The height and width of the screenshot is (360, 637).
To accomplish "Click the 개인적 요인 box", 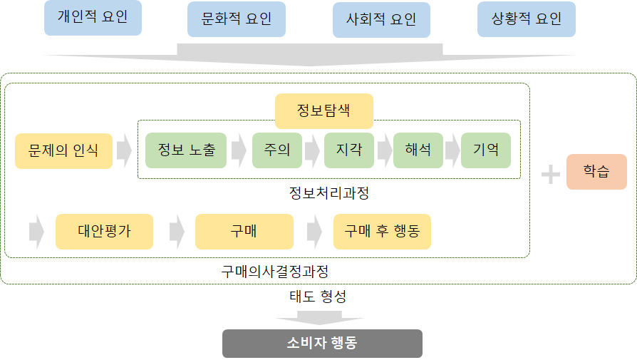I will [93, 17].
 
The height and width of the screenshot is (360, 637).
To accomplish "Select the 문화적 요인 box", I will [237, 19].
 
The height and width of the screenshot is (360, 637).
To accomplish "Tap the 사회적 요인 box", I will [381, 19].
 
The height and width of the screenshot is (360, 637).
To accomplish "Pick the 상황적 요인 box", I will [526, 19].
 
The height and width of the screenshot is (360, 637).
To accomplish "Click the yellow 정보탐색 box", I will [324, 111].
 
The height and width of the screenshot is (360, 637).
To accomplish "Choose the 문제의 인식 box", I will [64, 150].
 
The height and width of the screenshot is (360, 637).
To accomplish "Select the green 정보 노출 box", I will [186, 150].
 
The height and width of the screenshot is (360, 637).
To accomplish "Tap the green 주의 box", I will [277, 150].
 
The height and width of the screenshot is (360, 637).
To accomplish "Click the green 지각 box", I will [349, 150].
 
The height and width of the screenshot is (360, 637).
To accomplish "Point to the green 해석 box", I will [418, 150].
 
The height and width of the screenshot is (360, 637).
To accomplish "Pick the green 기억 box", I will [486, 150].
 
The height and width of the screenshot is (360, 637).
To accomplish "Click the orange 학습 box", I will [596, 172].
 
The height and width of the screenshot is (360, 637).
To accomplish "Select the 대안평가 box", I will [104, 232].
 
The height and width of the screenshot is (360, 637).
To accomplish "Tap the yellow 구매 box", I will [244, 232].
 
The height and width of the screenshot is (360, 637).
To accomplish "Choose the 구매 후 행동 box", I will [382, 232].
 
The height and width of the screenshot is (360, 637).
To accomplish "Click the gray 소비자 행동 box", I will [322, 343].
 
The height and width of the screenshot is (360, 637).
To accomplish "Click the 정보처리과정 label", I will [328, 192].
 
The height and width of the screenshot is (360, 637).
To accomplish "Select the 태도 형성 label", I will [318, 295].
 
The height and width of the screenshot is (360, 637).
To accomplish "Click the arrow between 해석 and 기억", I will [452, 151].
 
